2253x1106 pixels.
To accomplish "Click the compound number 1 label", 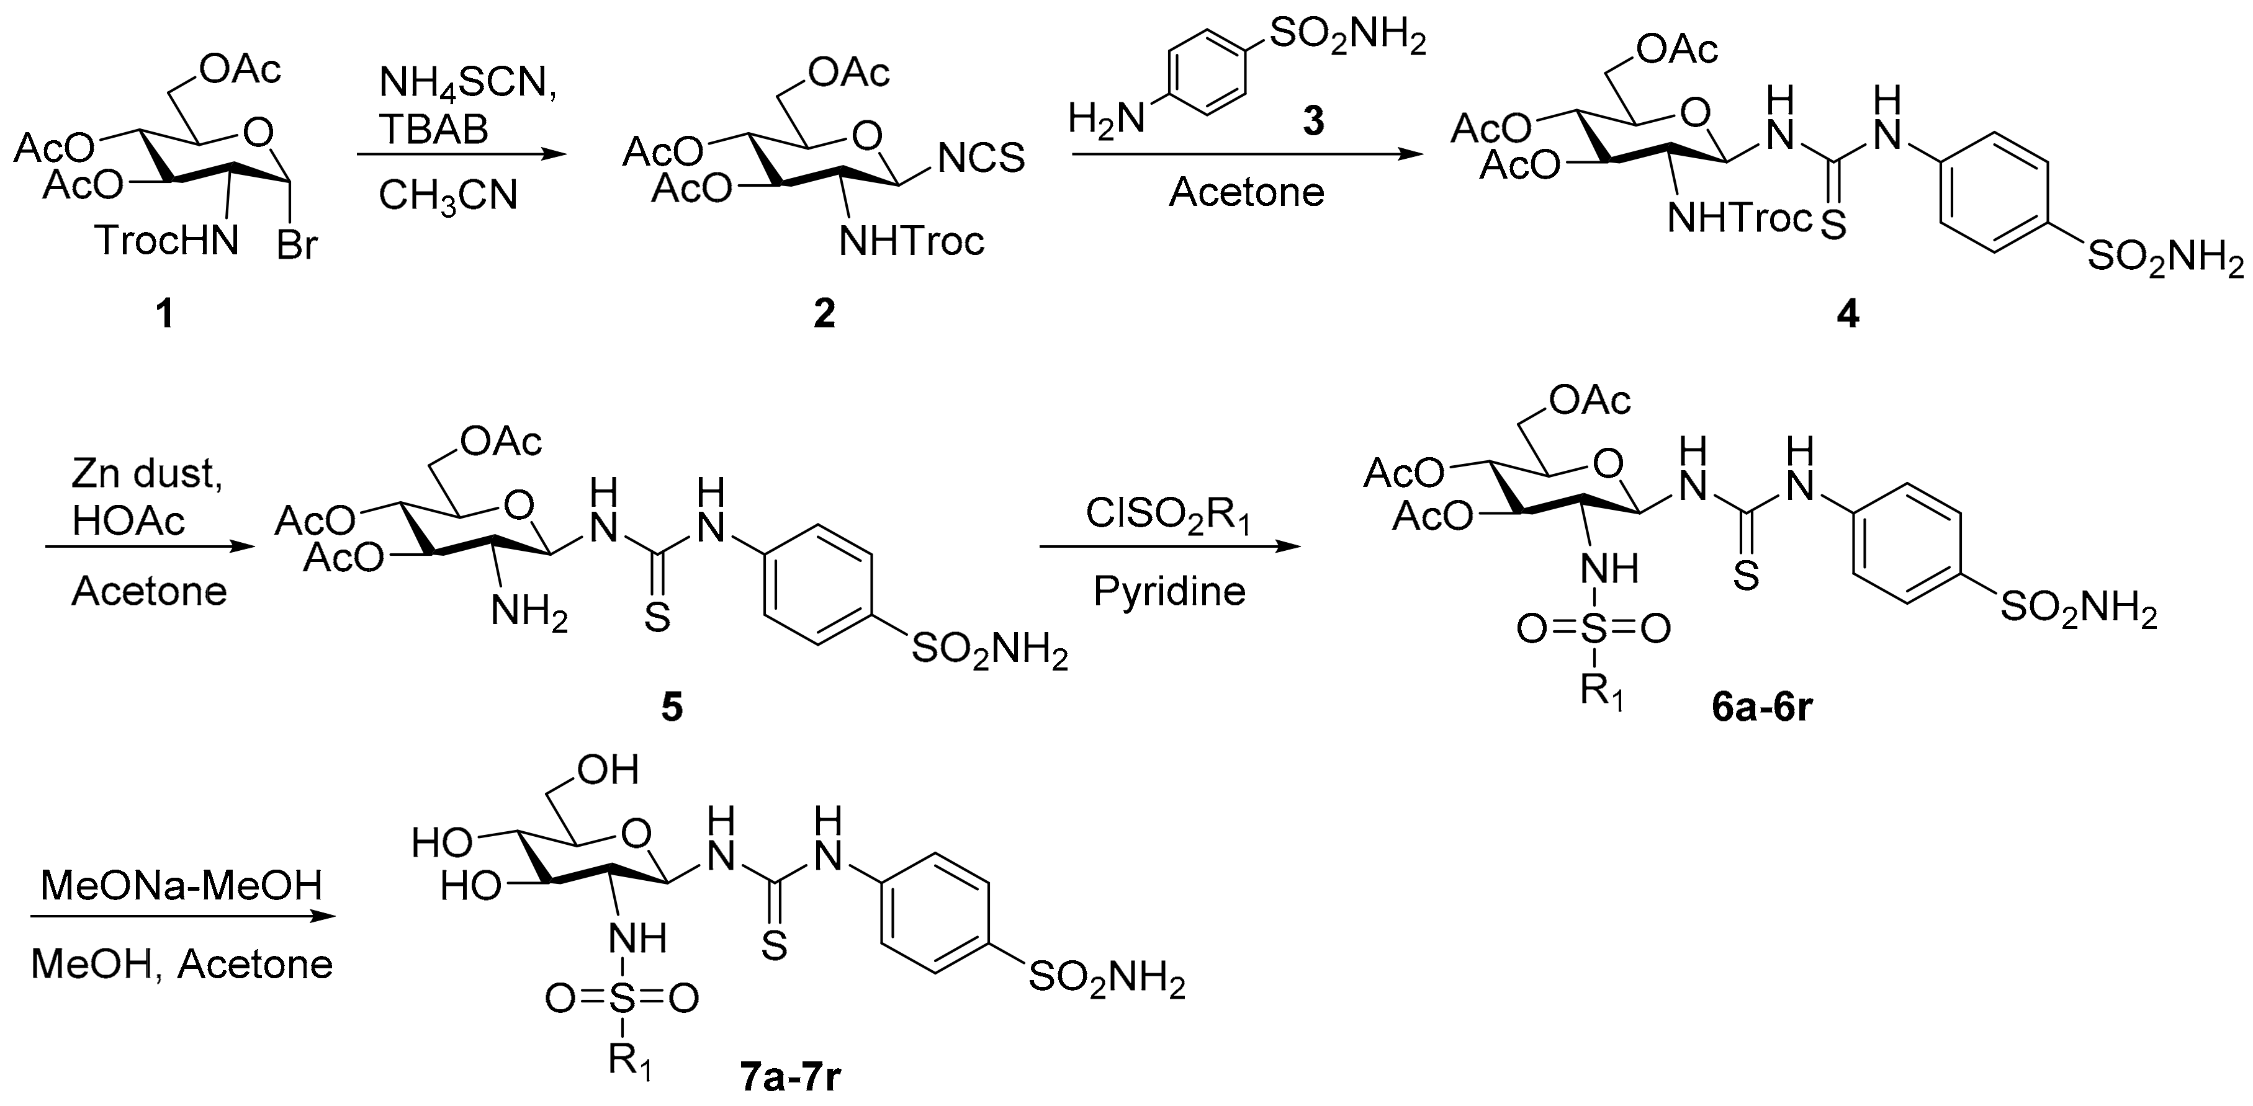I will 164,314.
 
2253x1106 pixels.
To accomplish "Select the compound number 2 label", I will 824,314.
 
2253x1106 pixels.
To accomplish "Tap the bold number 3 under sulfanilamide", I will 1313,122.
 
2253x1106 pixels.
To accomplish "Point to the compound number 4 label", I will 1847,314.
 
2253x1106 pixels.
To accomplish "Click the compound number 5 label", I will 671,707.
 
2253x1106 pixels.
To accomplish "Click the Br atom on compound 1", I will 297,246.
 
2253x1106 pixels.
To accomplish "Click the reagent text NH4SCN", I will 468,86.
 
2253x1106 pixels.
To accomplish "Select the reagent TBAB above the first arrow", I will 434,130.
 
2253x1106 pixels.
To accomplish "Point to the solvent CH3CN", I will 447,196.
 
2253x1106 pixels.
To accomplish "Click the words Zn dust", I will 147,473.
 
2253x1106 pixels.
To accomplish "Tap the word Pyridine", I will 1169,592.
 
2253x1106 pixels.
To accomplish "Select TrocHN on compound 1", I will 167,241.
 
